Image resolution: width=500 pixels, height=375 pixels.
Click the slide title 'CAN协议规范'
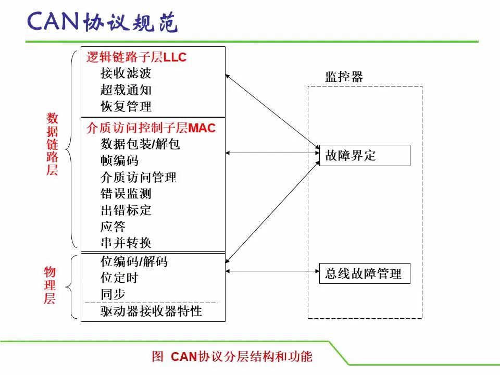(103, 22)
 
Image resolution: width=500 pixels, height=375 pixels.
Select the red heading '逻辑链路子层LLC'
(136, 57)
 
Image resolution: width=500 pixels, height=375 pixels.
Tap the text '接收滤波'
(126, 73)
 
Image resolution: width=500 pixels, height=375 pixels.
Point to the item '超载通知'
(126, 90)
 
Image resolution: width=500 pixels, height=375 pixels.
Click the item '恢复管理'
(126, 106)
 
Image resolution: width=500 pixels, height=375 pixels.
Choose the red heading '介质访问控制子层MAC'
(151, 128)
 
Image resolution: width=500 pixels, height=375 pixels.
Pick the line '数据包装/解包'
(140, 144)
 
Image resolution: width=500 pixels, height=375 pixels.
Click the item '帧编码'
(119, 160)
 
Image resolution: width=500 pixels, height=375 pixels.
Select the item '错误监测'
(126, 194)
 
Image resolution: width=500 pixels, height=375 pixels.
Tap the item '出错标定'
(126, 210)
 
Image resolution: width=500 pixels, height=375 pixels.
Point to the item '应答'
(113, 227)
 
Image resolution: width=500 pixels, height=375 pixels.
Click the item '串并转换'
(126, 243)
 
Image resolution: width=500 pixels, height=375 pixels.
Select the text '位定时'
(119, 278)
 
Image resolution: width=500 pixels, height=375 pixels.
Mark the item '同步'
(113, 294)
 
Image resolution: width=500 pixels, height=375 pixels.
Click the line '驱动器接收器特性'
(151, 311)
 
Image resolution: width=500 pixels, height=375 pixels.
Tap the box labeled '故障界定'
(365, 155)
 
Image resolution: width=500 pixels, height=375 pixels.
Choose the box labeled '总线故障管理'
(365, 273)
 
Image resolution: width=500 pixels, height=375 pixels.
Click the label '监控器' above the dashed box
(344, 77)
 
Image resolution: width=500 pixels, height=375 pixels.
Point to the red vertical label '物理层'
(50, 285)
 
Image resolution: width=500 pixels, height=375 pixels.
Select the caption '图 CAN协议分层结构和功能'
(232, 356)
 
